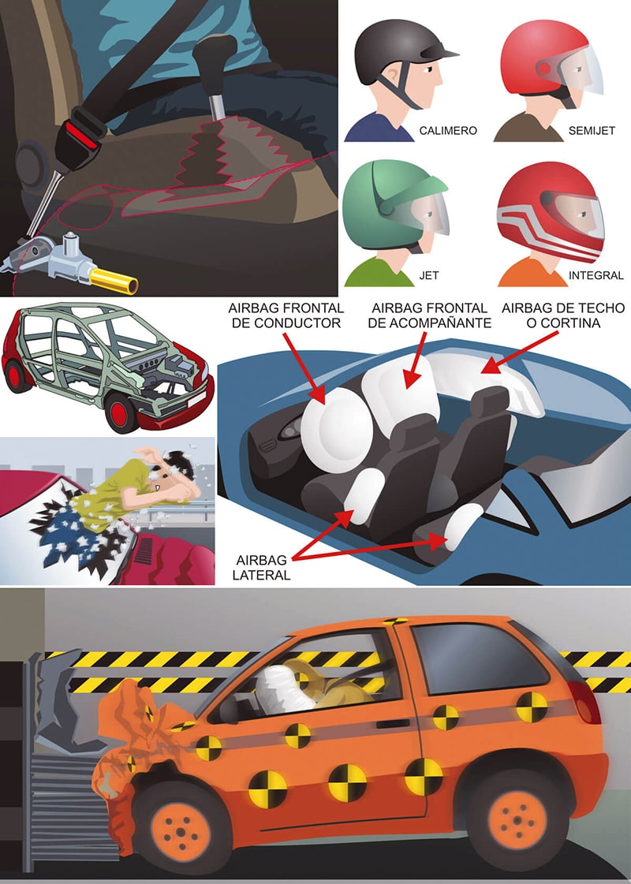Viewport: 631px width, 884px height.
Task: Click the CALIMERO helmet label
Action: click(448, 131)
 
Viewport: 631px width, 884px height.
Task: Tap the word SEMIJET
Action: click(592, 131)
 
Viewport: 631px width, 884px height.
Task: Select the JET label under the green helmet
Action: click(428, 276)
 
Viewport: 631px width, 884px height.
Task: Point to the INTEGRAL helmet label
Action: click(596, 276)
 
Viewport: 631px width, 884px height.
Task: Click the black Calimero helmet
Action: click(398, 54)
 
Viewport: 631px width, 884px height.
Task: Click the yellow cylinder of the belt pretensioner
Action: click(114, 281)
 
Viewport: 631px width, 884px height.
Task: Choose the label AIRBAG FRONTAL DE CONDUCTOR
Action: click(286, 315)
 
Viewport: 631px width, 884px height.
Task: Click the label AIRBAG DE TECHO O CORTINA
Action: click(562, 315)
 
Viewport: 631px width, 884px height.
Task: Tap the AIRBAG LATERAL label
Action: click(261, 568)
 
